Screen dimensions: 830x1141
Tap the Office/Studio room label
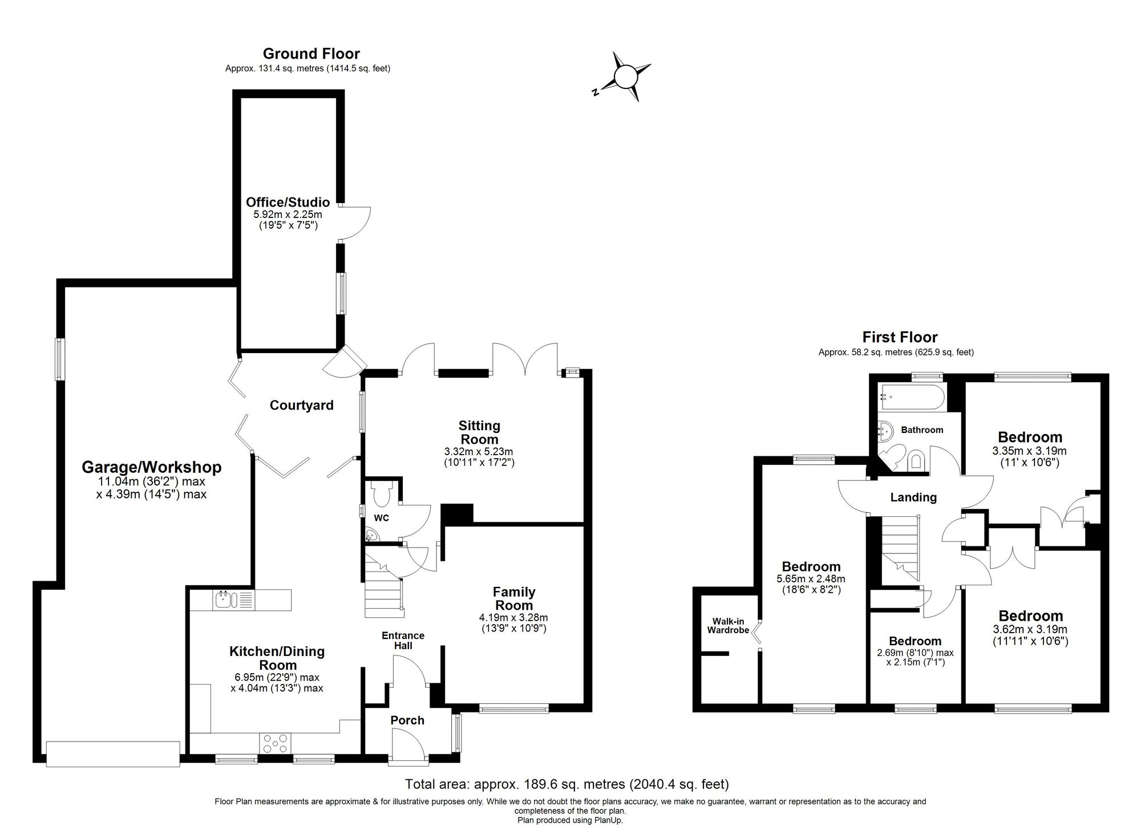[288, 202]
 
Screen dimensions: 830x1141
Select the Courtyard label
[301, 405]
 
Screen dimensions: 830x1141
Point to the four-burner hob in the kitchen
[276, 743]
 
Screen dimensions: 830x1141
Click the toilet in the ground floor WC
[380, 494]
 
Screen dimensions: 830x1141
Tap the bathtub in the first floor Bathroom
[912, 397]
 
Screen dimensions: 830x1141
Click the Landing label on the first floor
[913, 497]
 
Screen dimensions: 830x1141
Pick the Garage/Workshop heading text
[151, 467]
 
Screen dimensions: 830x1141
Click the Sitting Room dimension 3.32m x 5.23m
[479, 451]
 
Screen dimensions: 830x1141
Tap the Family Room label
[513, 598]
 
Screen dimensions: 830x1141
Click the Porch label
[407, 720]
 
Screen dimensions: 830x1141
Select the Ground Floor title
[311, 54]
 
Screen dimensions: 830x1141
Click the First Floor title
[900, 337]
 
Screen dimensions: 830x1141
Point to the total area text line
[567, 784]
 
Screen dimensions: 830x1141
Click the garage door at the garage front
[113, 753]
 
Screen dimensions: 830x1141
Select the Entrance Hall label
[403, 640]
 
